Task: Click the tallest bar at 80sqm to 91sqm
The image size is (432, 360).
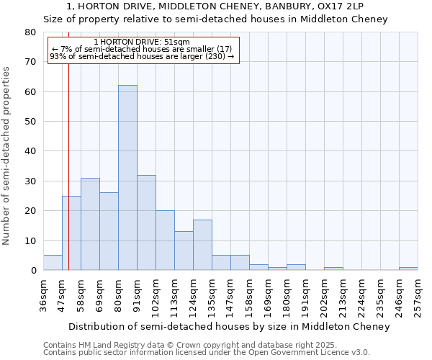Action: pos(127,178)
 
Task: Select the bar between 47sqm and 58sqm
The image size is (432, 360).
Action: pos(71,233)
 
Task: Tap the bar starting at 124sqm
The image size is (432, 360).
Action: pos(202,245)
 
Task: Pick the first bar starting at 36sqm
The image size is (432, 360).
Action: pos(53,263)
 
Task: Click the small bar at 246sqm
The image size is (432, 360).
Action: pos(408,269)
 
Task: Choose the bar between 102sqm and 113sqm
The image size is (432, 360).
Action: pos(165,240)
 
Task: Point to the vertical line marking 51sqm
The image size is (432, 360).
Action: pos(68,144)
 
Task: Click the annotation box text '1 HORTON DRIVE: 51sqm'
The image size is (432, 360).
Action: pos(142,42)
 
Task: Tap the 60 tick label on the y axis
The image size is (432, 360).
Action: pos(30,92)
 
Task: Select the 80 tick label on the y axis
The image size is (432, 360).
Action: pos(30,32)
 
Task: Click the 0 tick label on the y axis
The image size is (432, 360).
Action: pos(32,271)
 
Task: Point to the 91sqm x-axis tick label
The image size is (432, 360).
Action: pos(138,294)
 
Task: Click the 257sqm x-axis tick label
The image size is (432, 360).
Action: pos(418,296)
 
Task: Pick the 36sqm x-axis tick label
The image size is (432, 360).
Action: pos(44,294)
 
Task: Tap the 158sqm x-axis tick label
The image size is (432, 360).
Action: pos(250,296)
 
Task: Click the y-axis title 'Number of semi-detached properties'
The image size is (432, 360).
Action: pos(7,156)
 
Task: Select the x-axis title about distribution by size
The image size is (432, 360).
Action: pos(230,326)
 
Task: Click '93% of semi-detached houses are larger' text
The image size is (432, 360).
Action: pos(142,56)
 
